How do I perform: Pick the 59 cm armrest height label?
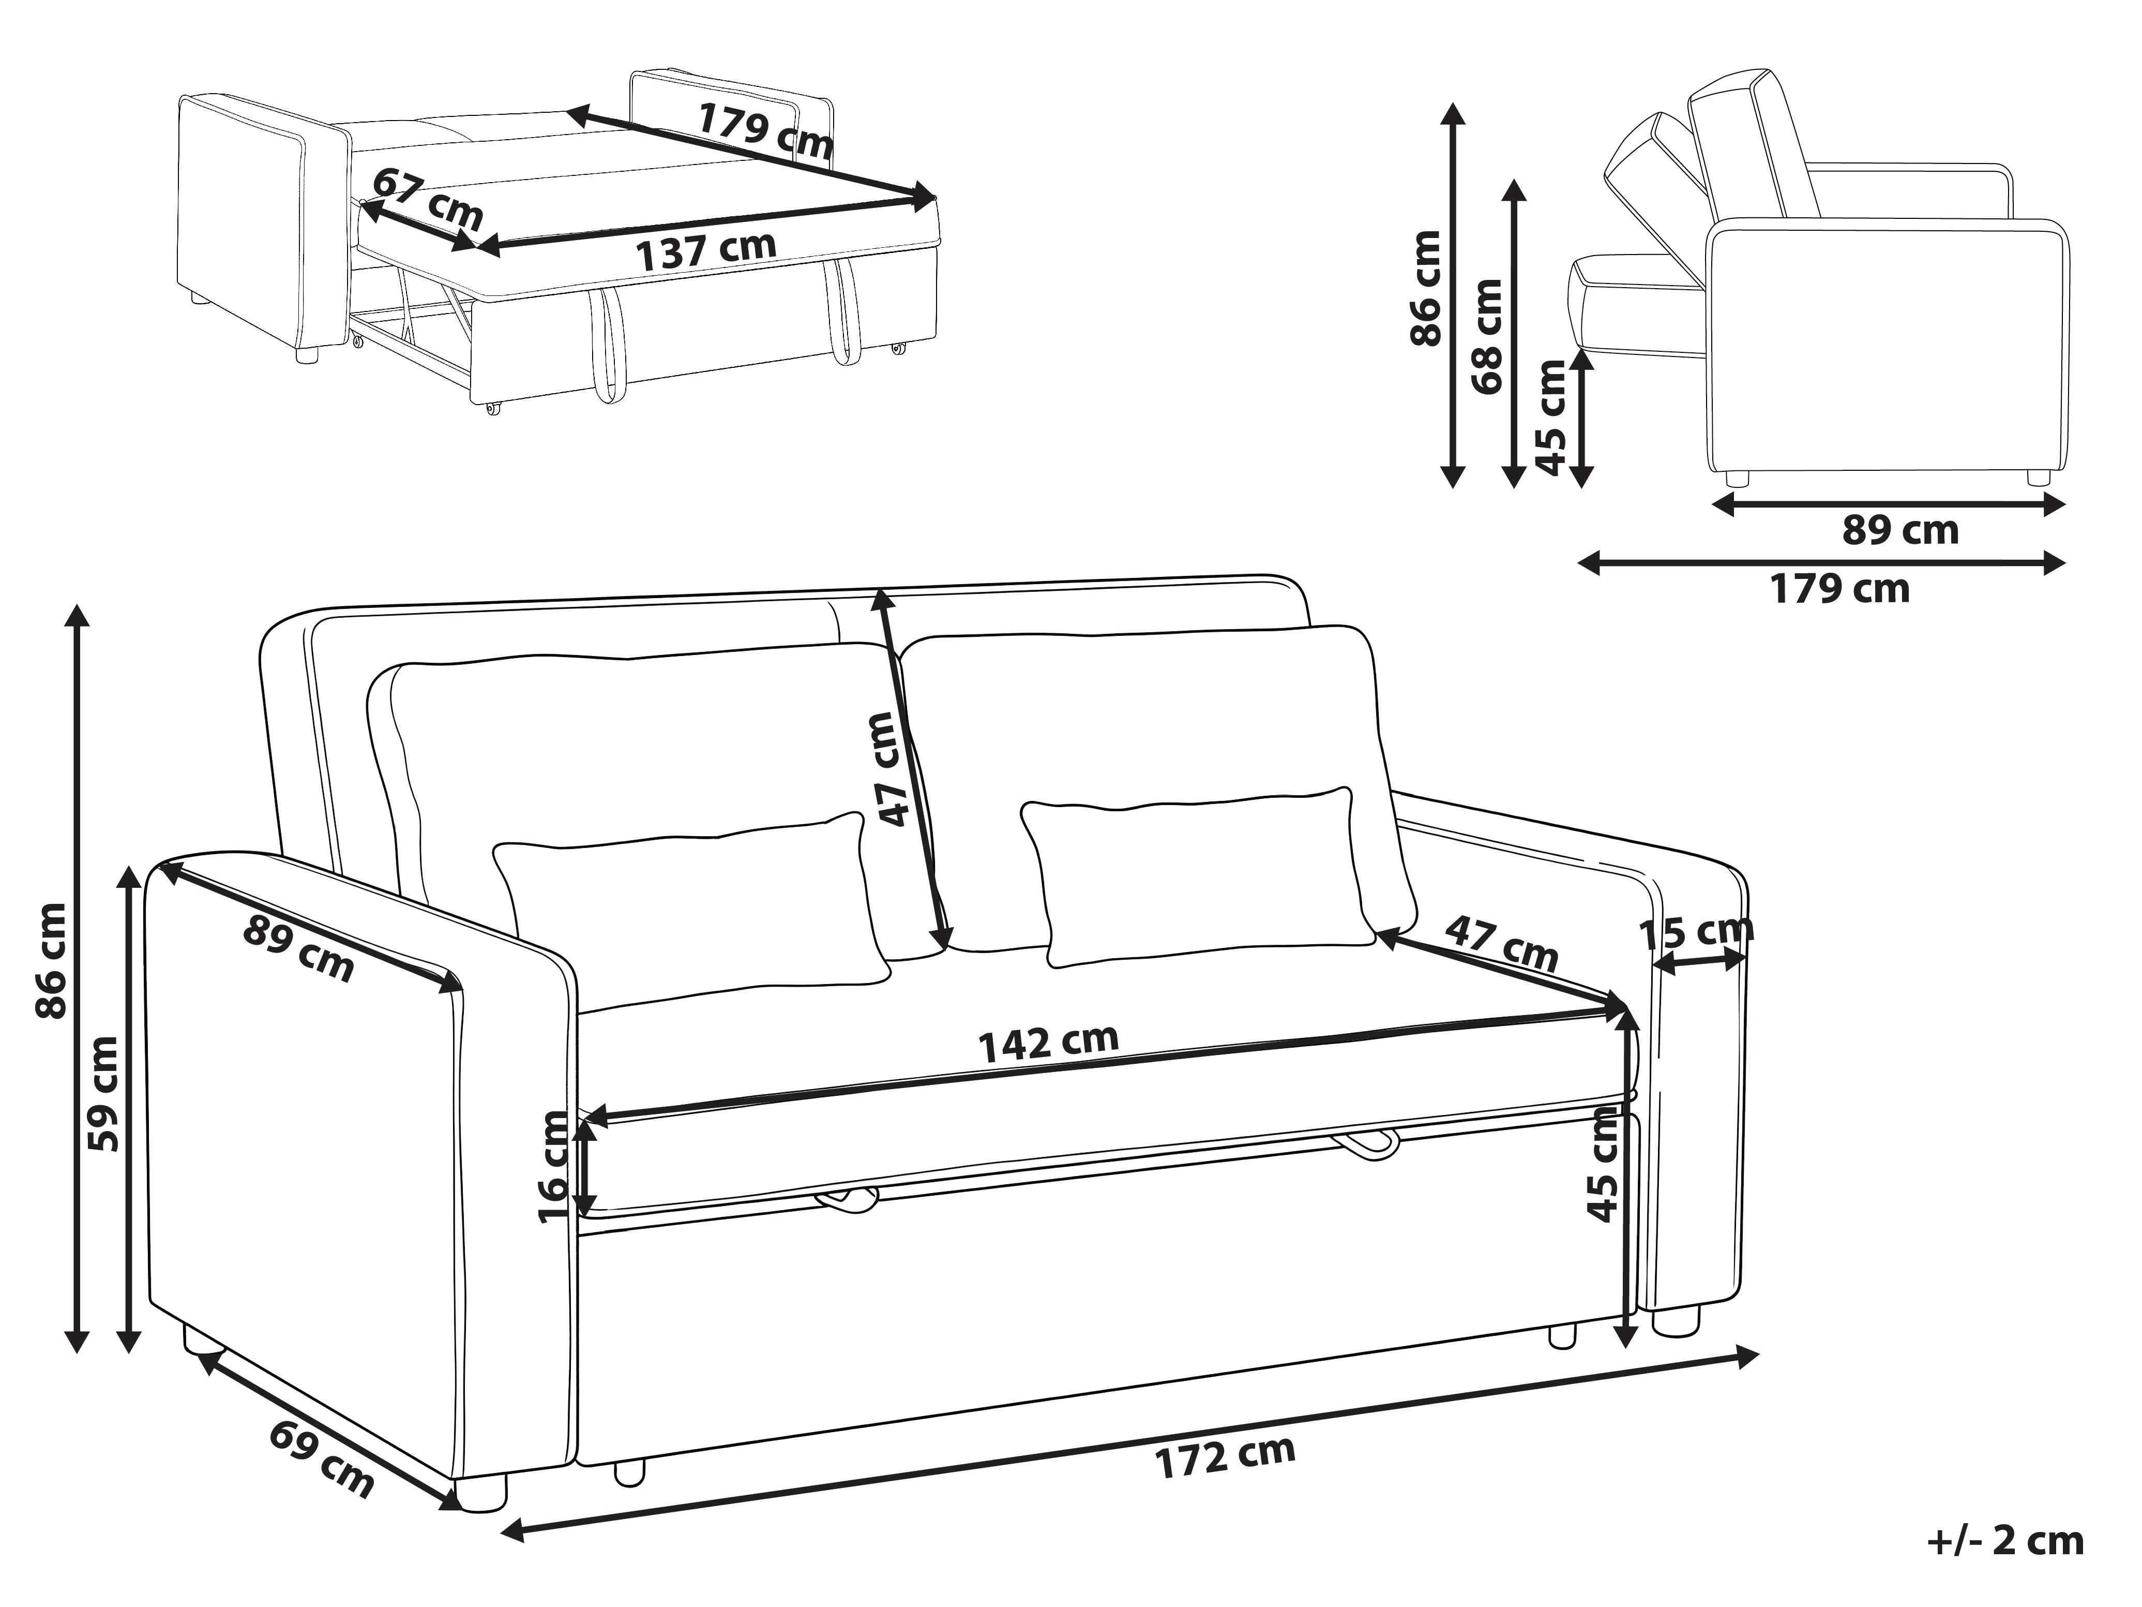click(x=103, y=1095)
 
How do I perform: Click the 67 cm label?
click(x=427, y=199)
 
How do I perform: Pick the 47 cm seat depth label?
click(x=1502, y=942)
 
